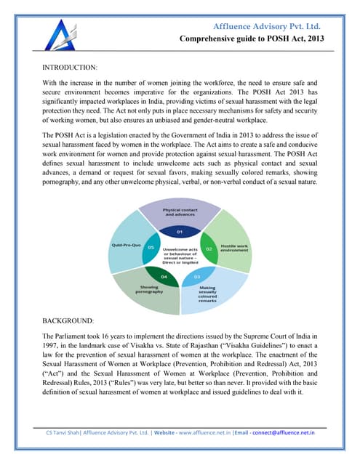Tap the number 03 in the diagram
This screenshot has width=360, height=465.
196,277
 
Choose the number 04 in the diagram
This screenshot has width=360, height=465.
164,277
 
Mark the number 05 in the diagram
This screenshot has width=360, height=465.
151,248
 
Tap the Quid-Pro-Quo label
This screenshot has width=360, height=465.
127,244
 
